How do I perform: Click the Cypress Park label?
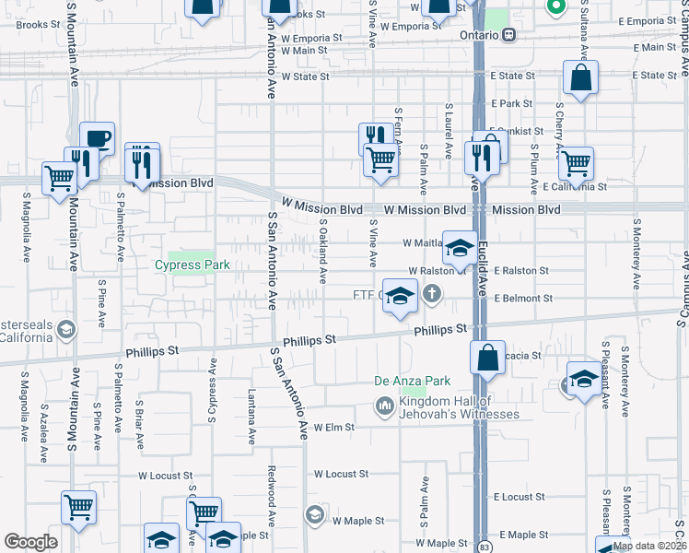click(x=191, y=265)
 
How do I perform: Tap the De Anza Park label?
click(x=412, y=381)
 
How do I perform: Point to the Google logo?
click(x=30, y=542)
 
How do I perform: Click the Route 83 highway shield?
click(x=485, y=547)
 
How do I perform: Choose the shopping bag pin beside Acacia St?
click(x=486, y=358)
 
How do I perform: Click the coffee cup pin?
click(x=97, y=139)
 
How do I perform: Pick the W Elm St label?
click(x=333, y=428)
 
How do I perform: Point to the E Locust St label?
click(x=519, y=497)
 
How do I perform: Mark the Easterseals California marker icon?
click(x=65, y=329)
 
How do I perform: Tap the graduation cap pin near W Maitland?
click(x=459, y=247)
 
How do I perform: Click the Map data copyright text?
click(x=649, y=546)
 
